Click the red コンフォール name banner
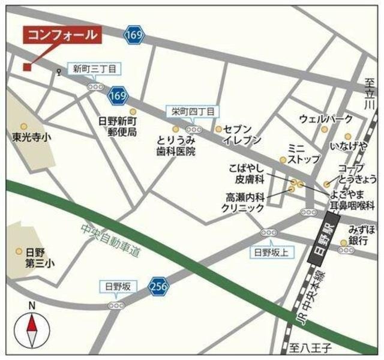[x=61, y=35]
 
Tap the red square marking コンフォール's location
[x=27, y=67]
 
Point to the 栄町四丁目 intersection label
[x=192, y=111]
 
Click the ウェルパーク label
[x=326, y=118]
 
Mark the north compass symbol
[x=32, y=329]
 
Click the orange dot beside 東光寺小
[x=24, y=127]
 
